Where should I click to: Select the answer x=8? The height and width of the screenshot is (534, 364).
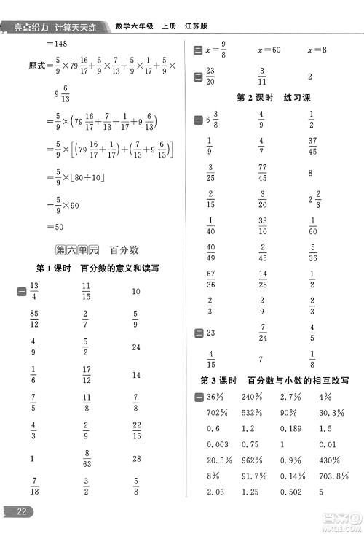tap(317, 50)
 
